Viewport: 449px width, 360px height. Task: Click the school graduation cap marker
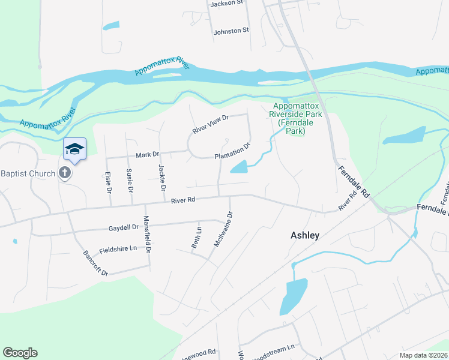(x=74, y=149)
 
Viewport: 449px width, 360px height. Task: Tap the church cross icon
(x=65, y=174)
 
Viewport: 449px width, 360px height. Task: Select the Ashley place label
(x=304, y=235)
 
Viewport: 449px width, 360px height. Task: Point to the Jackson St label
(x=226, y=4)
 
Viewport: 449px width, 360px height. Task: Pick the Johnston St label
(x=231, y=31)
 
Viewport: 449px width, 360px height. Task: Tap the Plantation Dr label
(x=232, y=151)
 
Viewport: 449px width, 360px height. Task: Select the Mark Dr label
(x=147, y=155)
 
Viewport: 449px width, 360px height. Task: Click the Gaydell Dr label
(x=124, y=228)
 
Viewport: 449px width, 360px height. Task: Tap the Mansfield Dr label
(x=146, y=235)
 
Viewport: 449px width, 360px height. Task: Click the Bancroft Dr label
(x=95, y=263)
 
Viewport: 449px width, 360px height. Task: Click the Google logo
(x=20, y=353)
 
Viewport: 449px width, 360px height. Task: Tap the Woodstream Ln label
(x=273, y=347)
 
